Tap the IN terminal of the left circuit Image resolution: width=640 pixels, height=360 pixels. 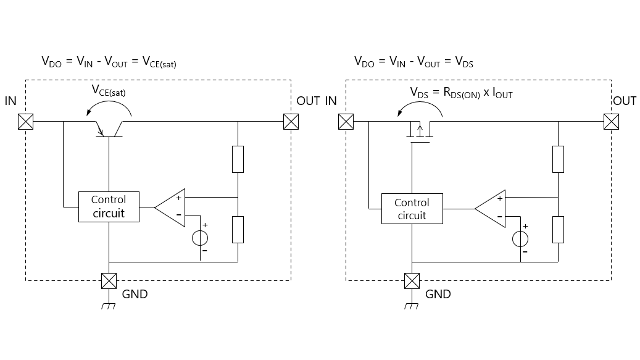click(26, 122)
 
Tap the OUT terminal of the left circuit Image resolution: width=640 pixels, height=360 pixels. click(291, 122)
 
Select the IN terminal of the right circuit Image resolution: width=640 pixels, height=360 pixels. click(346, 122)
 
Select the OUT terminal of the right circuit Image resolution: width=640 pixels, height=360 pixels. click(612, 122)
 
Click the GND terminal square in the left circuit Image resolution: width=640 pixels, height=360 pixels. click(109, 281)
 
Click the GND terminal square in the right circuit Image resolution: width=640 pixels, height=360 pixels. click(412, 281)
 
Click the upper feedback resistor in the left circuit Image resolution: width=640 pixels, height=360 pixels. click(238, 159)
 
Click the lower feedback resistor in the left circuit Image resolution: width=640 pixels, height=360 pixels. click(238, 230)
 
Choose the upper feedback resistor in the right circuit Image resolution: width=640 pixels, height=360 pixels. click(558, 159)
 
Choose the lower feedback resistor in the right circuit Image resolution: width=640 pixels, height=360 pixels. click(558, 230)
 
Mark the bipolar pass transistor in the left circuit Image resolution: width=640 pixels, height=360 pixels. click(109, 129)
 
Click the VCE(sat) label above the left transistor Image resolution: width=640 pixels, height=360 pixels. click(109, 90)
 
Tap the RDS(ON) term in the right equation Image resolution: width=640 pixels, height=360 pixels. click(462, 93)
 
